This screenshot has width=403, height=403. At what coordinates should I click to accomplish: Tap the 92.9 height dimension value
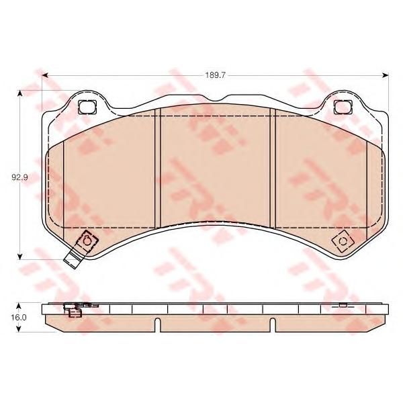19,177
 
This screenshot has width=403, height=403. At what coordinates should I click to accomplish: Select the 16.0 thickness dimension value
19,318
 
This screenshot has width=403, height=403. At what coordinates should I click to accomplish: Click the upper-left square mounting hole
87,107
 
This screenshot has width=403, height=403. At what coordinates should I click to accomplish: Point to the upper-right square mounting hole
343,107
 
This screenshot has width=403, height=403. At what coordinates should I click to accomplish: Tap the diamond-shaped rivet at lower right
343,241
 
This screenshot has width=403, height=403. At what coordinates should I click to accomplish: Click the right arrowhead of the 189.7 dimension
386,75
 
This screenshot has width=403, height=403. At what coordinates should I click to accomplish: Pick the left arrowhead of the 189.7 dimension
45,75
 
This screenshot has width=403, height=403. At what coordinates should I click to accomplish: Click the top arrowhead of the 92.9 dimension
19,93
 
